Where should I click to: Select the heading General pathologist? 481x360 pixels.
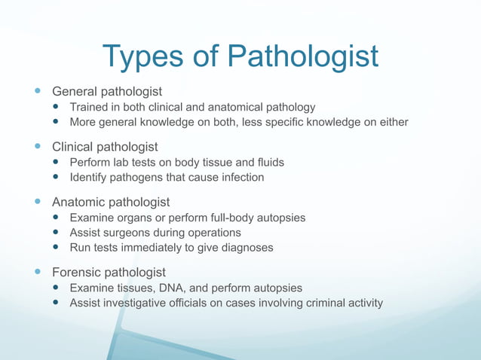(106, 91)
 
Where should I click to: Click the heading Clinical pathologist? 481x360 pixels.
(105, 146)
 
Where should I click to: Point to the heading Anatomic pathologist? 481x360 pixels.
(111, 202)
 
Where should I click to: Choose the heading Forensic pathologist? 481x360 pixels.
(109, 272)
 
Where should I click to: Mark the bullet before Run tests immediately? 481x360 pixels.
(57, 248)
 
